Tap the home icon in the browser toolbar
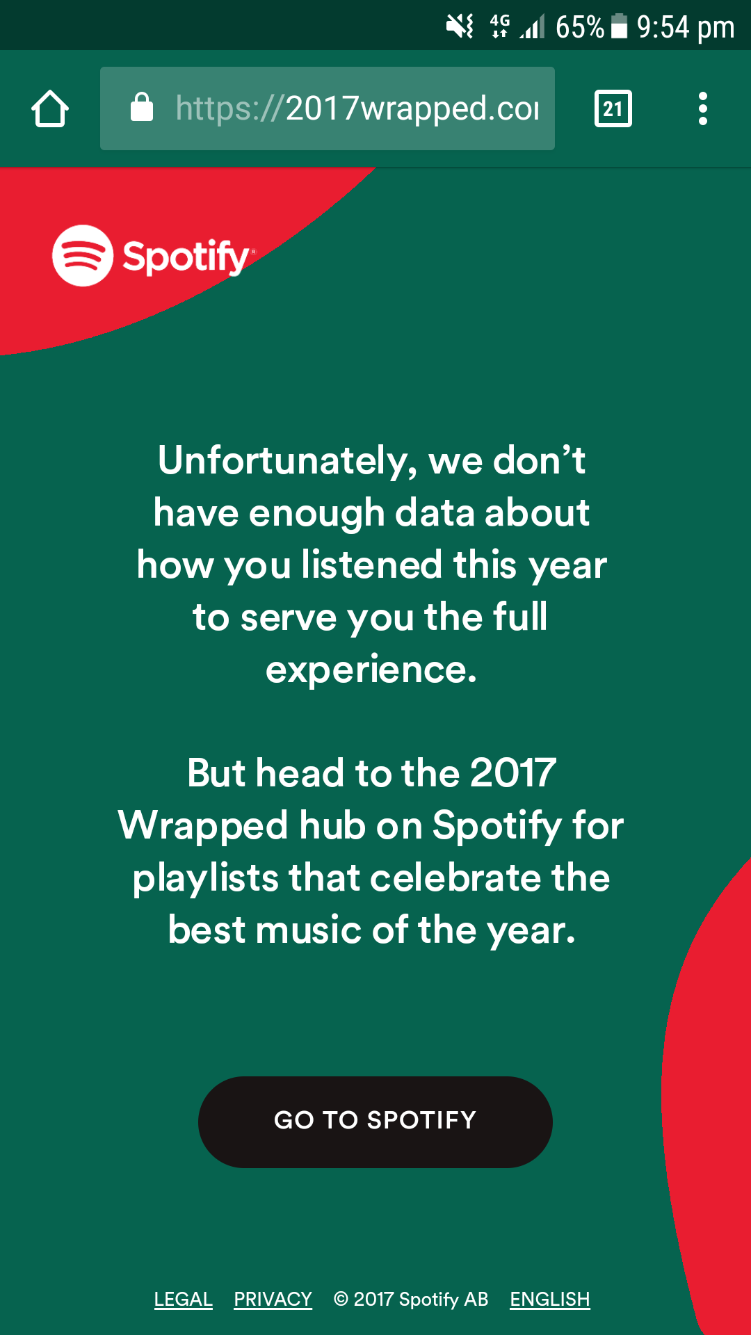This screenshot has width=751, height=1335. pyautogui.click(x=50, y=108)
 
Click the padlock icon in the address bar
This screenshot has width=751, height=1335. pyautogui.click(x=142, y=107)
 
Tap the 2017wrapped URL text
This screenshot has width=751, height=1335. pyautogui.click(x=357, y=108)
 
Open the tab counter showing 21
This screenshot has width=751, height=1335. pyautogui.click(x=613, y=108)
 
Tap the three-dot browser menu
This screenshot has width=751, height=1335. pyautogui.click(x=703, y=108)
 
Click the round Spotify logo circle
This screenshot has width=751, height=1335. pyautogui.click(x=83, y=255)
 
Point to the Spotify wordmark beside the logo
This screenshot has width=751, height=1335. pyautogui.click(x=186, y=257)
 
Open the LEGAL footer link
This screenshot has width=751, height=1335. pyautogui.click(x=184, y=1299)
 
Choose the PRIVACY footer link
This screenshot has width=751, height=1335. pyautogui.click(x=273, y=1299)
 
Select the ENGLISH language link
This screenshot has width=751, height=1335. pyautogui.click(x=550, y=1299)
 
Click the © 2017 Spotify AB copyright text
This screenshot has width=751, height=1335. pyautogui.click(x=411, y=1299)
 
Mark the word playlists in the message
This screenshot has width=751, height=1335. pyautogui.click(x=205, y=878)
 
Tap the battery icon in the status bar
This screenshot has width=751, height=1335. pyautogui.click(x=619, y=26)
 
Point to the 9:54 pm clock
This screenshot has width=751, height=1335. pyautogui.click(x=686, y=27)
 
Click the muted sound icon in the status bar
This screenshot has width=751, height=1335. pyautogui.click(x=460, y=26)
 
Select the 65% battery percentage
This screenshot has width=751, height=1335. pyautogui.click(x=580, y=27)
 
